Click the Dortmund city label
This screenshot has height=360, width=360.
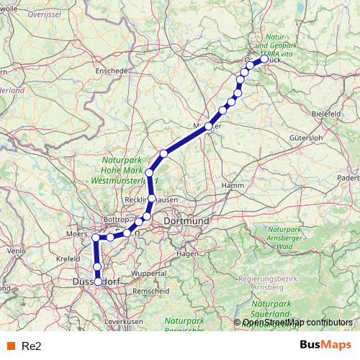(x=186, y=220)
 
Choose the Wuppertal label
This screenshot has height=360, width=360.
(x=148, y=274)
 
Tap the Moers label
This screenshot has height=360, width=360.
(x=76, y=235)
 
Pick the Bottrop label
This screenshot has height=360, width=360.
(x=116, y=218)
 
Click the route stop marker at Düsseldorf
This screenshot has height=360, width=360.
(x=98, y=282)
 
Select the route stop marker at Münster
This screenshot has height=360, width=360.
(x=209, y=126)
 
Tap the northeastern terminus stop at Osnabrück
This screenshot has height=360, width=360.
(x=264, y=59)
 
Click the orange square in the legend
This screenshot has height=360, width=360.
(x=9, y=346)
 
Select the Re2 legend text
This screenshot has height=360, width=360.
(x=32, y=346)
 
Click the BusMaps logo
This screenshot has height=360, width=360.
(x=325, y=346)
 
